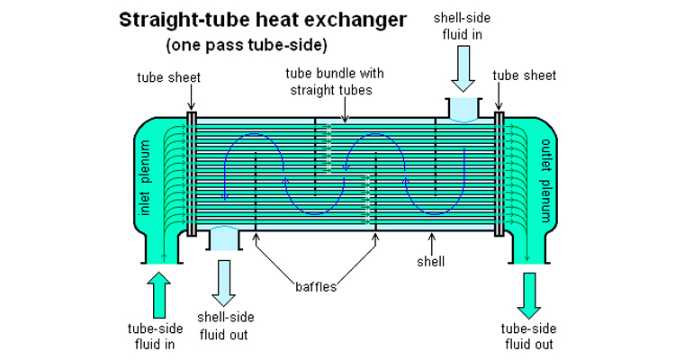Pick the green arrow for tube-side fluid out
[x=530, y=292]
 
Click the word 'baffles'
[x=316, y=287]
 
